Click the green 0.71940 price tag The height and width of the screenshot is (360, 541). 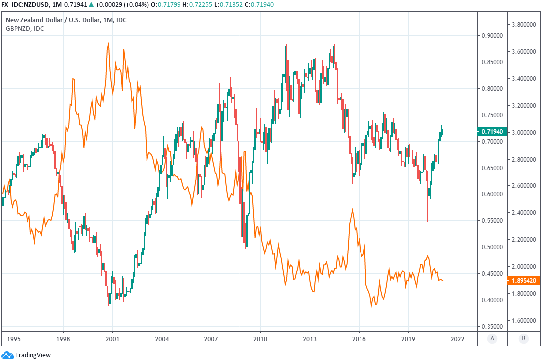pos(491,131)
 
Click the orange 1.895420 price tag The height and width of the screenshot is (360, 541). pos(523,281)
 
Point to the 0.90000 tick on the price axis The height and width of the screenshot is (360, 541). pos(491,36)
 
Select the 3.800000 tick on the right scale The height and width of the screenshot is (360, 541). pos(523,24)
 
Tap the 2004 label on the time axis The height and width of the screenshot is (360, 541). pos(162,338)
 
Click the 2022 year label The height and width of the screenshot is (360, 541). pos(457,338)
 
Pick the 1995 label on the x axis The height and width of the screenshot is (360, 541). pos(14,338)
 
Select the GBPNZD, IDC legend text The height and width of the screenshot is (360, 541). pos(25,28)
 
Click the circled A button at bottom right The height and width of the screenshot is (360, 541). pos(492,338)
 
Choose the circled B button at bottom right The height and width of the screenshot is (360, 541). pos(523,338)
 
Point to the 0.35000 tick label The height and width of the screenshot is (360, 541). pos(491,326)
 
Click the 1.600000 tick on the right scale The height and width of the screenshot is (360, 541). pos(523,320)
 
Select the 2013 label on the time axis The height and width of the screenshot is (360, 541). pos(310,338)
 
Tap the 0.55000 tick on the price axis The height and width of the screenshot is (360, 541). pos(491,220)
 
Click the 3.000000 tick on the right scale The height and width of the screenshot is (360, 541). pos(523,133)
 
